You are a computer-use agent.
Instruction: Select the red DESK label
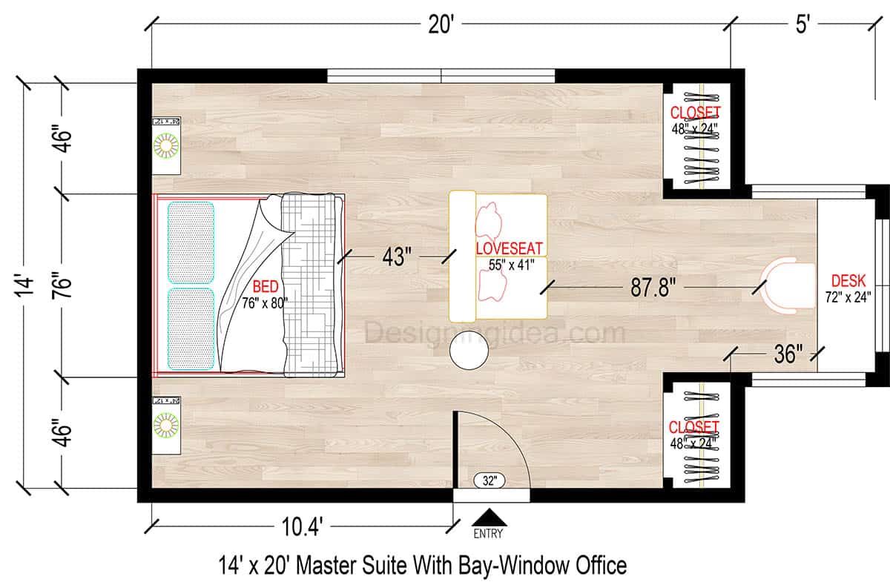[848, 281]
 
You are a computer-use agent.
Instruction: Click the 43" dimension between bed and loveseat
[398, 257]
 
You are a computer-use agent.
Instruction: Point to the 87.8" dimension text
[653, 288]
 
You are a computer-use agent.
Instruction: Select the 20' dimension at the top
[441, 25]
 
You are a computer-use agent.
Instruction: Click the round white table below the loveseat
[469, 350]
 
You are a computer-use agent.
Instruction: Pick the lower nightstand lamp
[167, 426]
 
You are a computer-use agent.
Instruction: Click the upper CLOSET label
[695, 113]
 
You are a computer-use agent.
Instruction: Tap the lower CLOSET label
[693, 428]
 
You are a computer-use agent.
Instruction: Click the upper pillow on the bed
[191, 242]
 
